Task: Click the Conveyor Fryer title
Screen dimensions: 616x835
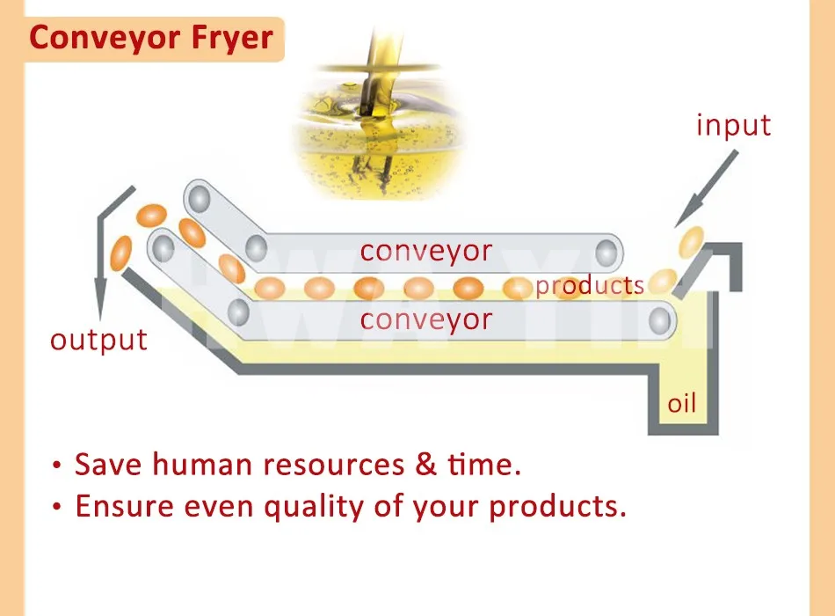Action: click(151, 40)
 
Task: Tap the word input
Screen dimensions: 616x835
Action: click(733, 125)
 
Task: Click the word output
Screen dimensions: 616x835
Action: click(99, 339)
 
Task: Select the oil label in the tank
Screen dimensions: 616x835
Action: click(681, 404)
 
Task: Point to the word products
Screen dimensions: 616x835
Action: click(590, 285)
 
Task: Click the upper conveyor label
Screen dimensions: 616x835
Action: click(426, 251)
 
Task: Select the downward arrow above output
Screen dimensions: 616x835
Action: click(105, 255)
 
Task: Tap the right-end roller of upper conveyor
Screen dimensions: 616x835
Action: click(606, 253)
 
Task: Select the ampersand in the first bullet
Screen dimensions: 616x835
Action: click(427, 464)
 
